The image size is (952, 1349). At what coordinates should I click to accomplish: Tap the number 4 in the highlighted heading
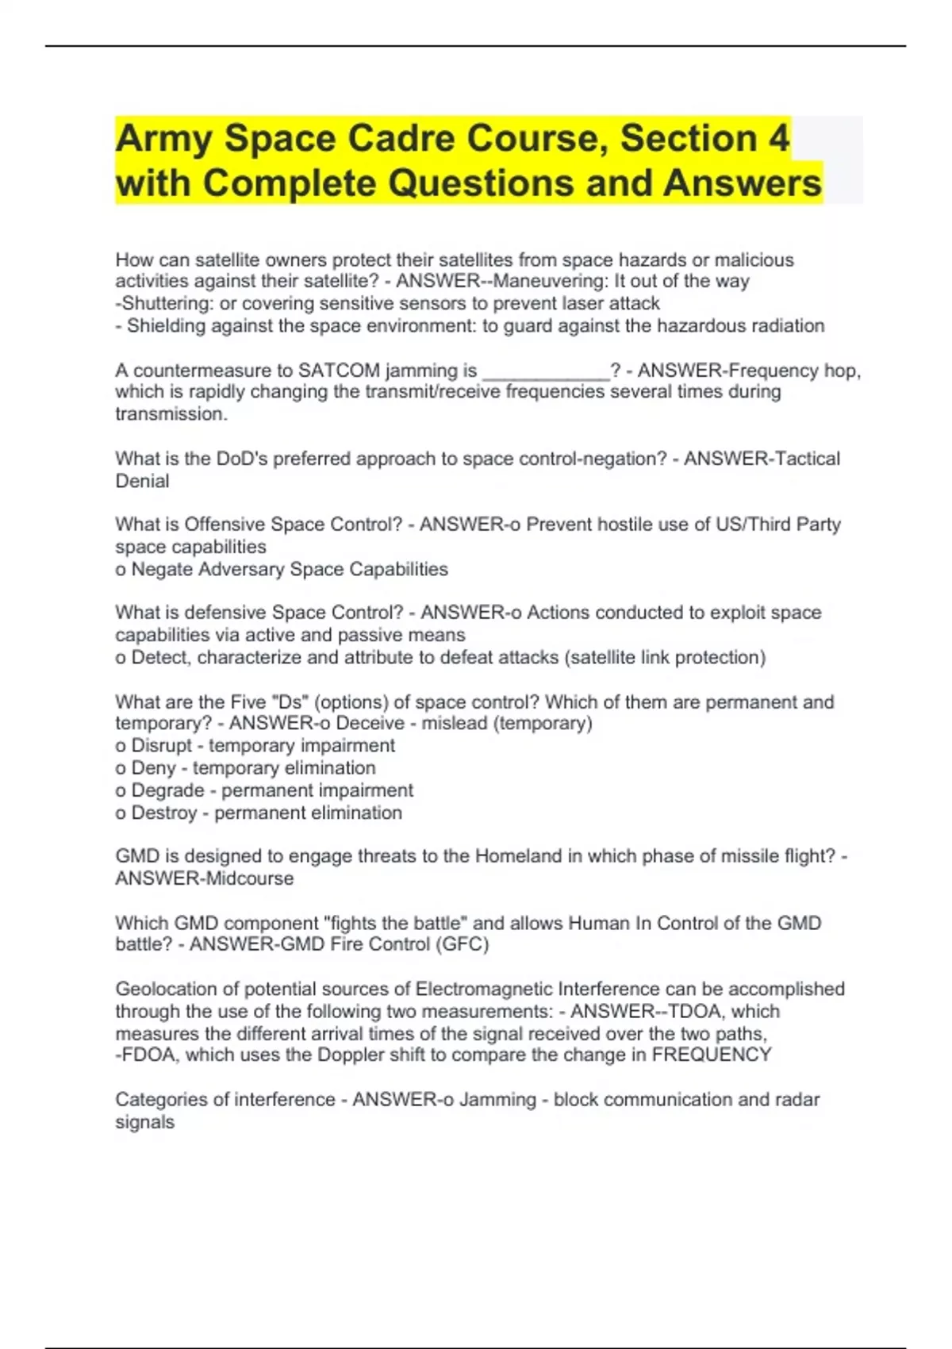point(778,138)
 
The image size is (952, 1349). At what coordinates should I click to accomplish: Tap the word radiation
point(785,325)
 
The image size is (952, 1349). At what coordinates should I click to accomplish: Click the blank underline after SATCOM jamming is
point(546,371)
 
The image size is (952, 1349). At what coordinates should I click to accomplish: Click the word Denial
point(142,481)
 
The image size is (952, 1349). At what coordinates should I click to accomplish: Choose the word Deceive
point(370,724)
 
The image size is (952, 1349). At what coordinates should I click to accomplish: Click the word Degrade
point(167,790)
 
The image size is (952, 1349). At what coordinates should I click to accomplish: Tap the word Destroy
point(163,813)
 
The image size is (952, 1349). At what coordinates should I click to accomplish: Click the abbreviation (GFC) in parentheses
point(462,944)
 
